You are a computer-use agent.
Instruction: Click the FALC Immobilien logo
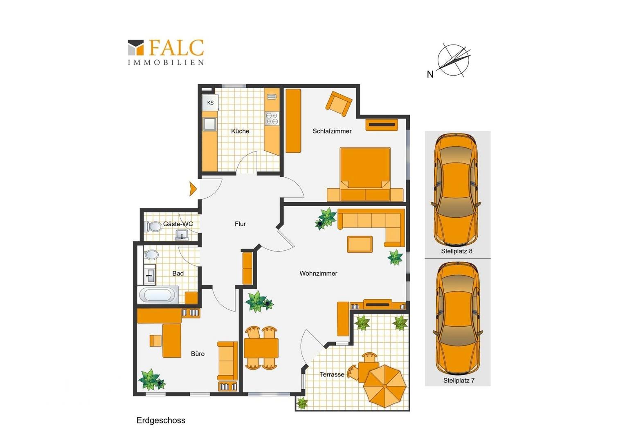pos(166,52)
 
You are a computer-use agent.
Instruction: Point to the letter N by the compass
pos(430,74)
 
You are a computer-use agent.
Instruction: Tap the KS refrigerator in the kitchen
pos(210,102)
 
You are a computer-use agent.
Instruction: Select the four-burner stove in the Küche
pos(272,118)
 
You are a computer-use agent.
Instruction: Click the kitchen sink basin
pos(209,124)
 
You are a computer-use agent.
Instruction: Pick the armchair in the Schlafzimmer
pos(339,104)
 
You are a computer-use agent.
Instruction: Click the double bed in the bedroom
pos(365,174)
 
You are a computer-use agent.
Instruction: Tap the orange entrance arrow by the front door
pos(193,189)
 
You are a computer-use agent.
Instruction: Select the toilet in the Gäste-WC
pos(153,227)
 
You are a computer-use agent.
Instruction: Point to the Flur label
pos(240,224)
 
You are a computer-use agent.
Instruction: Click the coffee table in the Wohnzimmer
pos(360,244)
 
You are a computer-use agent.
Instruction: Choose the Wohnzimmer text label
pos(318,274)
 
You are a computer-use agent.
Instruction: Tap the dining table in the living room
pos(261,348)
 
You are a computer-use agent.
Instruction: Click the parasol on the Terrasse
pos(385,386)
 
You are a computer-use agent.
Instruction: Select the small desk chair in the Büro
pos(155,341)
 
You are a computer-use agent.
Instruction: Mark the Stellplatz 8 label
pos(457,251)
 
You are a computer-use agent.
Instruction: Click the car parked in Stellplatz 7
pos(458,318)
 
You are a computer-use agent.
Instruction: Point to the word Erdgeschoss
pos(161,421)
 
